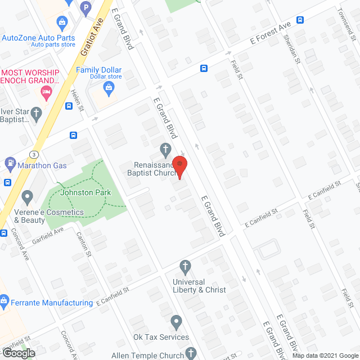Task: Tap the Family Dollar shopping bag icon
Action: (109, 87)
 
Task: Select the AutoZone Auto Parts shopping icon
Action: (62, 23)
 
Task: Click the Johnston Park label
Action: (87, 193)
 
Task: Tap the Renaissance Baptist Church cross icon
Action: (165, 150)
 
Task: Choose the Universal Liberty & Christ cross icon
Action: (184, 265)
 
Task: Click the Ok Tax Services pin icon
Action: (176, 323)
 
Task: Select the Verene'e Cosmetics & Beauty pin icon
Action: (27, 198)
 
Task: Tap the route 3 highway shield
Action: (35, 154)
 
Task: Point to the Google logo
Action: (18, 353)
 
